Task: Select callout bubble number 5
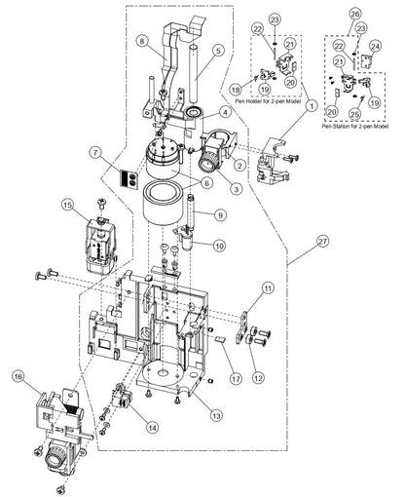pyautogui.click(x=218, y=49)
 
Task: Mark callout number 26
pyautogui.click(x=355, y=14)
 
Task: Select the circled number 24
pyautogui.click(x=376, y=45)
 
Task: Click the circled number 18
pyautogui.click(x=235, y=87)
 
